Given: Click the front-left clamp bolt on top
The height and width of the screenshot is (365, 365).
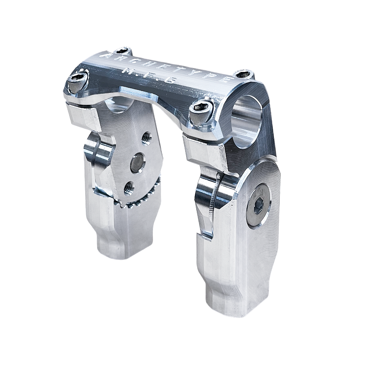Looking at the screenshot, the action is click(x=78, y=83).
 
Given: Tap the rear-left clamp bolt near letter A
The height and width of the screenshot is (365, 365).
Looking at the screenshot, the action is click(x=123, y=51).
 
